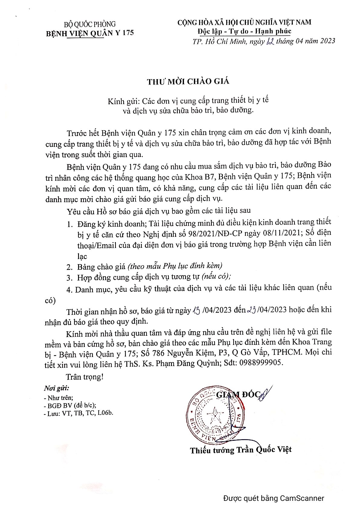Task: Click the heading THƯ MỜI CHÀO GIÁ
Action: coord(188,81)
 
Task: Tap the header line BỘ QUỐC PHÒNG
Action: coord(90,24)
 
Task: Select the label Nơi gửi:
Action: coord(56,388)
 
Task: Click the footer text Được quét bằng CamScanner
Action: coord(273,498)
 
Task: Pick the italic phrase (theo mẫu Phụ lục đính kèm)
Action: coord(175,266)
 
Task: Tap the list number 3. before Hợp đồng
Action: coord(70,277)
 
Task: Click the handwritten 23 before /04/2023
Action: coord(252,310)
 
